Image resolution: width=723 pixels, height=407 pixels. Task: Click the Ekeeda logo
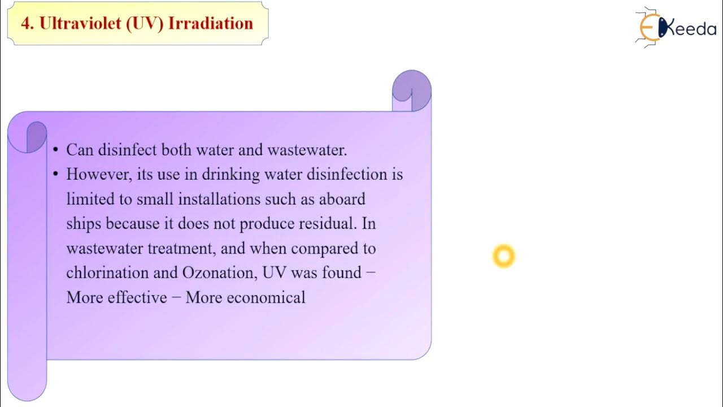tap(675, 28)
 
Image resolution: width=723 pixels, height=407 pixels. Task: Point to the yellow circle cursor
tap(503, 256)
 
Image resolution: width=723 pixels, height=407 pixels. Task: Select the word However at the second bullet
tap(99, 174)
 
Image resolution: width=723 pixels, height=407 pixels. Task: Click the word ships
tap(84, 223)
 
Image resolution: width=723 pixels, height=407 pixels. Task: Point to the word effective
tap(137, 297)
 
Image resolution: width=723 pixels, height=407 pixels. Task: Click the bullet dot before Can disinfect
tap(55, 150)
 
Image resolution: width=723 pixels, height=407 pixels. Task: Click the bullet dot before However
tap(55, 175)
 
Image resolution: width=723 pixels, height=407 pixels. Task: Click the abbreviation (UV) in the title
tap(140, 23)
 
